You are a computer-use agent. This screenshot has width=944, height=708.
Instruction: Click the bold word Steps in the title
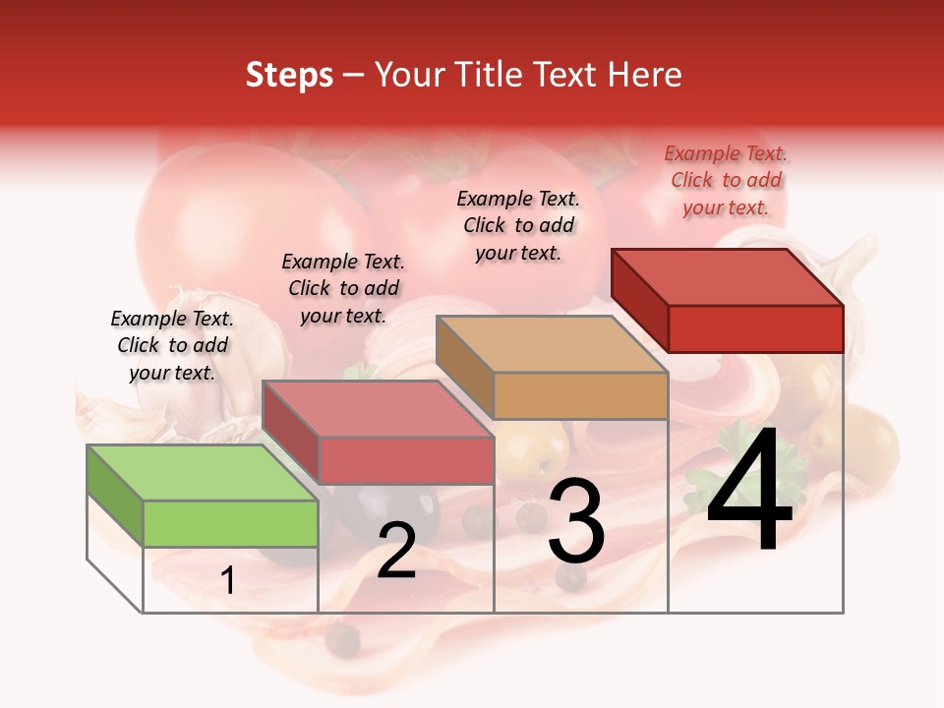click(289, 75)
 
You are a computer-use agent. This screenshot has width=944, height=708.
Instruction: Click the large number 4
click(749, 492)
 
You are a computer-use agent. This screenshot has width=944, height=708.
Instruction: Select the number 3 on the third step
click(576, 521)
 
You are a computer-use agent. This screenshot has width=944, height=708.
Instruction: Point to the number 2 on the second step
click(396, 552)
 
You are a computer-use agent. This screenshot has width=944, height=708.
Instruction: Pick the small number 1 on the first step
click(228, 581)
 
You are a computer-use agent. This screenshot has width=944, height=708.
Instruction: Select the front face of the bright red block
click(755, 327)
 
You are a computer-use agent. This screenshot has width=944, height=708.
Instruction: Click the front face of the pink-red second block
click(406, 460)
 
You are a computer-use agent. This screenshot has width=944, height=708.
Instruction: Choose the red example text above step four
click(726, 180)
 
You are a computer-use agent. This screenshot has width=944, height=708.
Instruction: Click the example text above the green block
click(172, 345)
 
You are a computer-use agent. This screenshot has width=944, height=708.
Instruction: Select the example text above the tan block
click(518, 225)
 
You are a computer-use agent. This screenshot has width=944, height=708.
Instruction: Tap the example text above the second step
click(343, 288)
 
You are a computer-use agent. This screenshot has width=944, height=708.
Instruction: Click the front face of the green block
click(230, 523)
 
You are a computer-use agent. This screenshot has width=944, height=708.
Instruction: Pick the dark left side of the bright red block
click(639, 299)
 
